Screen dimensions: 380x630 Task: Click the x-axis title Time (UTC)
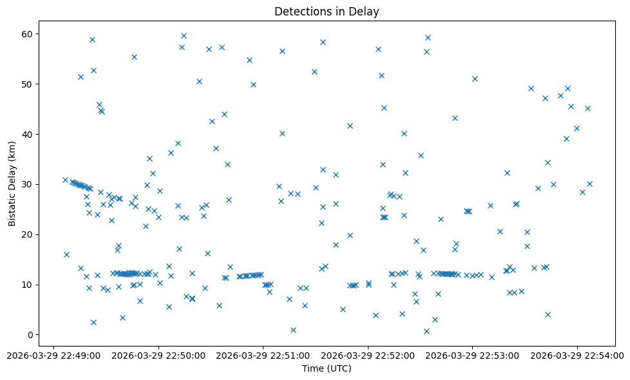tap(327, 368)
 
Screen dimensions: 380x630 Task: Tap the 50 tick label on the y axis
tap(28, 84)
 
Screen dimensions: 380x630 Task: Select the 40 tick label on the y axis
tap(28, 134)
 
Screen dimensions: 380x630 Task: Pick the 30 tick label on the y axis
tap(28, 184)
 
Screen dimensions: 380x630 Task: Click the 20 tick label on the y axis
tap(28, 234)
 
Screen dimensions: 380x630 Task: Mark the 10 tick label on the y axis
tap(28, 285)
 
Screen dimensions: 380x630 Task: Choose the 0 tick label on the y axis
tap(31, 335)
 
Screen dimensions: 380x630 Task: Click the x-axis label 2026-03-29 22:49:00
tap(53, 355)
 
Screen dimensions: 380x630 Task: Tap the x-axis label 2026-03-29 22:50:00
tap(158, 355)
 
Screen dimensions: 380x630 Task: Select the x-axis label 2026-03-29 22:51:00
tap(263, 355)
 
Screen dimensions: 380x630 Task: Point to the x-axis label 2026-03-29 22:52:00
tap(368, 355)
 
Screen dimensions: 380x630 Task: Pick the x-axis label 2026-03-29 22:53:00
tap(472, 355)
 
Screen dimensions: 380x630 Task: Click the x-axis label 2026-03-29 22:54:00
tap(577, 355)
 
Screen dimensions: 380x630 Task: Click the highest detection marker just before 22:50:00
tap(134, 57)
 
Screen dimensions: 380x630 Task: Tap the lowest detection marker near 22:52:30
tap(426, 331)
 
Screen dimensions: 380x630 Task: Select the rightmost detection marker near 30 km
tap(589, 184)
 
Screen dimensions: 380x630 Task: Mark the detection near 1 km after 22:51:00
tap(293, 330)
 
